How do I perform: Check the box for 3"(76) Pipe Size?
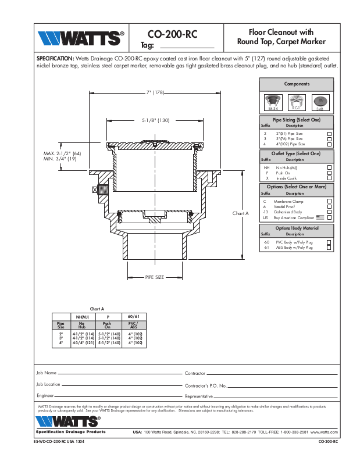pyautogui.click(x=329, y=139)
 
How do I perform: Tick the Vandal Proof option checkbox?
pyautogui.click(x=329, y=206)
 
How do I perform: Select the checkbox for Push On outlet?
pyautogui.click(x=329, y=173)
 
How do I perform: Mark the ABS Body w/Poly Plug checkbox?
pyautogui.click(x=329, y=247)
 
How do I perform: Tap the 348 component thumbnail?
pyautogui.click(x=319, y=101)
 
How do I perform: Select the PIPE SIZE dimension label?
pyautogui.click(x=155, y=277)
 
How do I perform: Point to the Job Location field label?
pyautogui.click(x=48, y=384)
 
